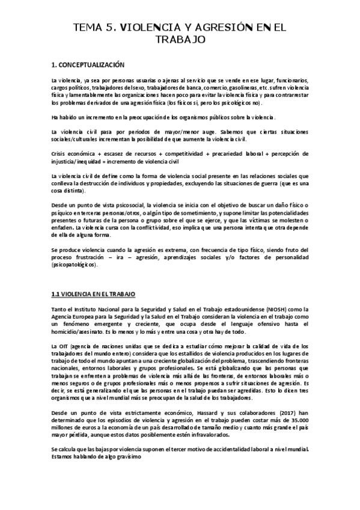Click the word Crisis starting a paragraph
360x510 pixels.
59,155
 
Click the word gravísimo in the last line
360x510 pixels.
127,457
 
